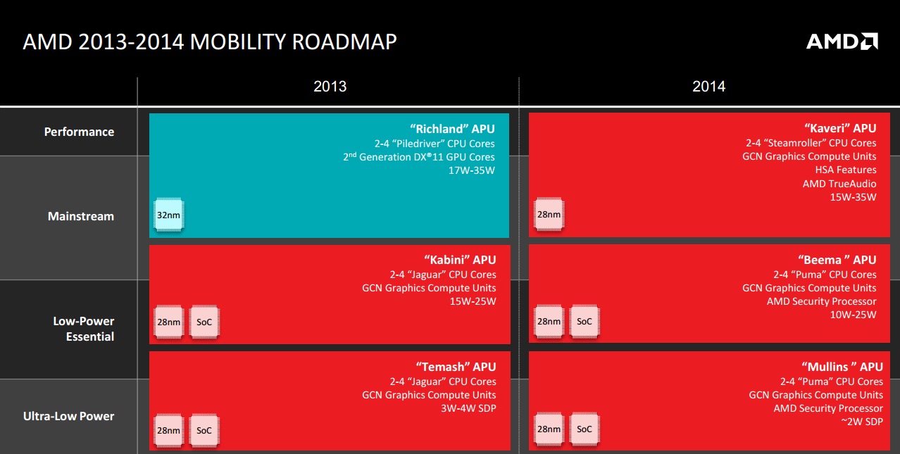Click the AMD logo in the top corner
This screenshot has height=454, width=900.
[842, 42]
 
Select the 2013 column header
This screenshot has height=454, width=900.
[330, 87]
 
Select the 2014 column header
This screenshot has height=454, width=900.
[708, 87]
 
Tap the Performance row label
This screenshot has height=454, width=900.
[79, 132]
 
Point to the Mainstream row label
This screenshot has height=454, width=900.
[80, 216]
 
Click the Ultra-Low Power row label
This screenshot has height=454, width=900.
[69, 416]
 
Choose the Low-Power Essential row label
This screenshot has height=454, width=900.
[83, 329]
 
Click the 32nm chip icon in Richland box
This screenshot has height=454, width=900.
[168, 215]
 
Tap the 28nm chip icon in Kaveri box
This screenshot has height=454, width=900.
[549, 215]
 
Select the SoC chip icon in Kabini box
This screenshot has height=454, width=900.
[204, 322]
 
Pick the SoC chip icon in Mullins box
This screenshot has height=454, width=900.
[585, 429]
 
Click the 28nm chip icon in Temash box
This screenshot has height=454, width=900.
[168, 430]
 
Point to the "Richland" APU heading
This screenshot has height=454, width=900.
[455, 129]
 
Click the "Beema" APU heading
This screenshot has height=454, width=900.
[837, 260]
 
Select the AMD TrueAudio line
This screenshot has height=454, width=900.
[839, 184]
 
